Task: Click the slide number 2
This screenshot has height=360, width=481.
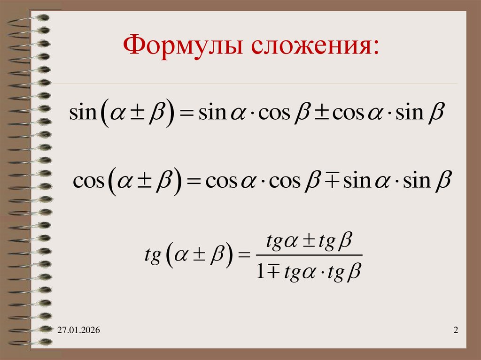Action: (456, 332)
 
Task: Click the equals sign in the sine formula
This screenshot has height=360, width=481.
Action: (186, 114)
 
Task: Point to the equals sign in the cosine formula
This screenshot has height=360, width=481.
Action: (194, 181)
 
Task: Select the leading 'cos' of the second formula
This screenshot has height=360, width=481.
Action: (88, 181)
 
